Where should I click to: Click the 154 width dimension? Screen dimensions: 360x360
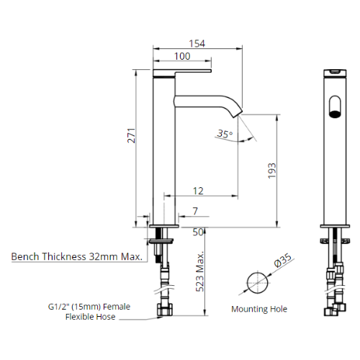(197, 43)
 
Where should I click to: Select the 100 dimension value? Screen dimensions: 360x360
(182, 56)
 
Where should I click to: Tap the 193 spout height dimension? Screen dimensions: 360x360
(271, 170)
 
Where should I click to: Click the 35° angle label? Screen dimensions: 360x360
(225, 134)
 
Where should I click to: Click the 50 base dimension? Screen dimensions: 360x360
(198, 232)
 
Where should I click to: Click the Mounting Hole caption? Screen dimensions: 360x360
(259, 309)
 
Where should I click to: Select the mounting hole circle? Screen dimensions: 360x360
(256, 282)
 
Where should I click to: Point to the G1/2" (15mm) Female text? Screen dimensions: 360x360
(90, 307)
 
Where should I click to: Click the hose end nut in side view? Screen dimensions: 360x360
(164, 312)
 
